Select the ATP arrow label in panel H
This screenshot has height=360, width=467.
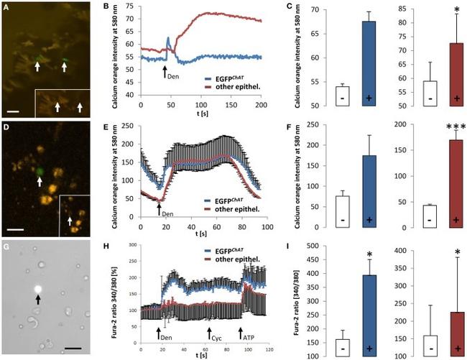tap(247, 336)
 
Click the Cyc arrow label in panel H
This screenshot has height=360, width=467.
tap(214, 336)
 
